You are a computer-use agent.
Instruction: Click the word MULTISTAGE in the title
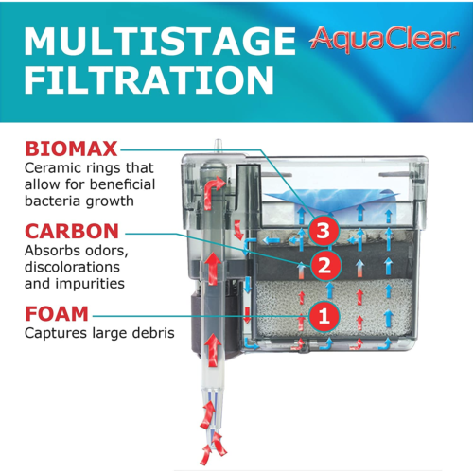[x=155, y=42]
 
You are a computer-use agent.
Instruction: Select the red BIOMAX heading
[x=72, y=149]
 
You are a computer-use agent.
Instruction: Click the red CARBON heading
[x=72, y=232]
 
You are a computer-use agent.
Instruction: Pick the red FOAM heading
[x=57, y=313]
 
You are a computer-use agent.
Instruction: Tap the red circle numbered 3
[x=324, y=230]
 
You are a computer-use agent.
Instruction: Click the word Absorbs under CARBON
[x=53, y=252]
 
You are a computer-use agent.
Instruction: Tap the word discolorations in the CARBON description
[x=74, y=268]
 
